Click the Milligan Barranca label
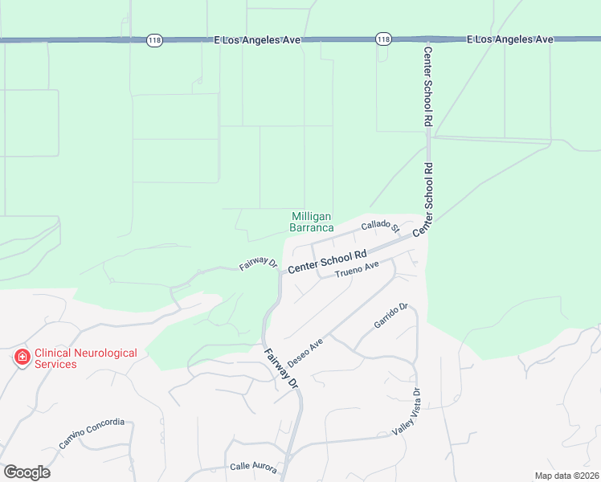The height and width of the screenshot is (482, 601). [311, 222]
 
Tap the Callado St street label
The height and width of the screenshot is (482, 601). [380, 228]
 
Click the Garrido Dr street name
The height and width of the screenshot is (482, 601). [391, 316]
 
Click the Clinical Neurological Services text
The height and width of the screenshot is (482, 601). [85, 358]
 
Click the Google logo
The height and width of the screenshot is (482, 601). [27, 472]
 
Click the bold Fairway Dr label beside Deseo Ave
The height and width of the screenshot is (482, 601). [282, 369]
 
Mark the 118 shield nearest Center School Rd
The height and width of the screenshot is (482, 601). [383, 39]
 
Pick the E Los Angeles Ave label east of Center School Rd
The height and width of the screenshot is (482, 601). [511, 39]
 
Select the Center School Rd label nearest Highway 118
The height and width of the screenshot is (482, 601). [428, 85]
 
